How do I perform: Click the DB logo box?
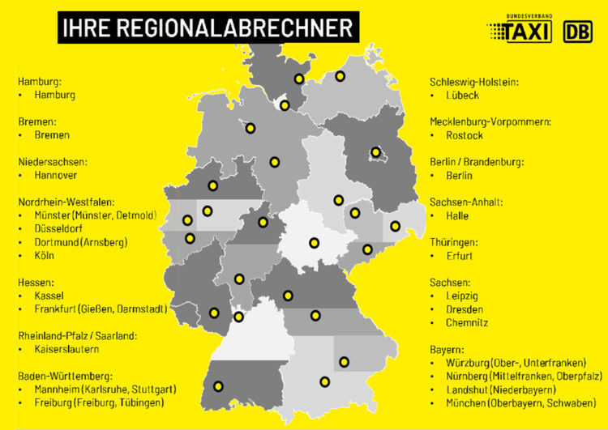[x=577, y=32]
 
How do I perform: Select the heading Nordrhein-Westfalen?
[x=66, y=202]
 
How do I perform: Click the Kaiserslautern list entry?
[x=66, y=349]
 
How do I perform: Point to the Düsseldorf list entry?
[x=60, y=228]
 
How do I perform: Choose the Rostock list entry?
[x=465, y=135]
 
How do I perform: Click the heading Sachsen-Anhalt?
[x=466, y=202]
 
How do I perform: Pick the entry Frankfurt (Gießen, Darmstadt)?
[x=101, y=309]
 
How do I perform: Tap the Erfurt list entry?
[x=460, y=256]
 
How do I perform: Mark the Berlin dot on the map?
[x=375, y=151]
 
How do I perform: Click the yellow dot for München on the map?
[x=325, y=381]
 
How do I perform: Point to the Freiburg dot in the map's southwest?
[x=218, y=385]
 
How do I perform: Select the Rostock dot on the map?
[x=340, y=76]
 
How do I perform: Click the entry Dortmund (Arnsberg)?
[x=81, y=242]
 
